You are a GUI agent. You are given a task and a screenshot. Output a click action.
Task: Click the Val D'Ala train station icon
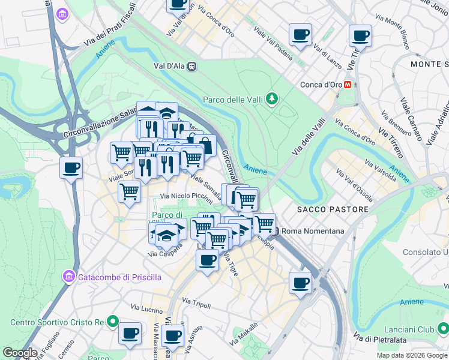coord(191,67)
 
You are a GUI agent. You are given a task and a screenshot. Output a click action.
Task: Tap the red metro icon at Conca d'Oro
coord(348,85)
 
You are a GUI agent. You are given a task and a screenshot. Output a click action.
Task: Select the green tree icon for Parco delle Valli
coord(273,98)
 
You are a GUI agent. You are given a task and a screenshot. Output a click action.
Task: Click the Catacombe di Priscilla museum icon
coord(68,277)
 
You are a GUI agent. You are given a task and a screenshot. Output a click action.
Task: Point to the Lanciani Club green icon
coord(442,329)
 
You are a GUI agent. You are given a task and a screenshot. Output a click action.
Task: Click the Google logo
coord(20,353)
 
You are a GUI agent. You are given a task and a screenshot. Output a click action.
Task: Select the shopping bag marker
coord(205,145)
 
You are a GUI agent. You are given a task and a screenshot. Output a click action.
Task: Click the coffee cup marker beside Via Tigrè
coord(208,260)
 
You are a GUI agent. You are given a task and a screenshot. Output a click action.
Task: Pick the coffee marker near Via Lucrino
coord(130,332)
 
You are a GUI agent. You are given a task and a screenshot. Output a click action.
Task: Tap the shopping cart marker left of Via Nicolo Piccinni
coord(130,192)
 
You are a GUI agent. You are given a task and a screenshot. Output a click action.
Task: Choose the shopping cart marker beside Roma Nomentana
coord(264,224)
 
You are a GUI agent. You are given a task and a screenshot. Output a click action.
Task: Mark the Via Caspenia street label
coord(164,254)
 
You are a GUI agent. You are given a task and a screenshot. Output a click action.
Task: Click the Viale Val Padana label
coord(273,43)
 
